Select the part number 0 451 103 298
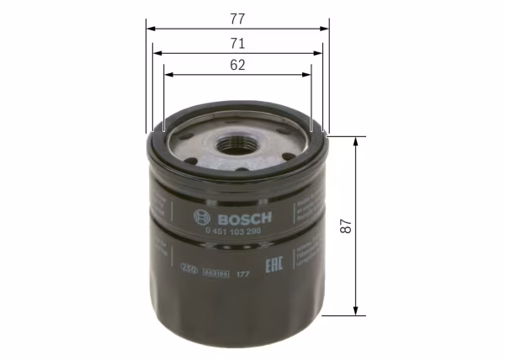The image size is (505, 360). [232, 230]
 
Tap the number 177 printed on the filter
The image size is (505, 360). [242, 274]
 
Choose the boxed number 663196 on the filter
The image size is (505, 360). [215, 273]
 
